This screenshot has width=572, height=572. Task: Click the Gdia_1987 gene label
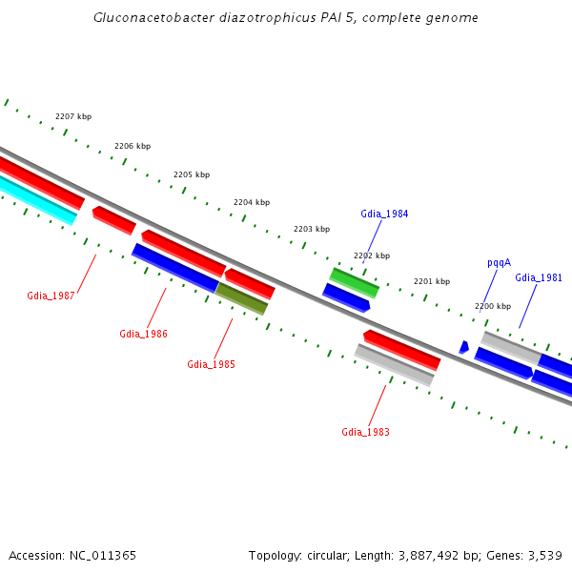pyautogui.click(x=51, y=296)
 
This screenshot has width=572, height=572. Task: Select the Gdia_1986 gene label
pyautogui.click(x=143, y=334)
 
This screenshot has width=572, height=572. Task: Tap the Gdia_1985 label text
pyautogui.click(x=211, y=364)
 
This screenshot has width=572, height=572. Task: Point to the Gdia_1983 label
pyautogui.click(x=365, y=432)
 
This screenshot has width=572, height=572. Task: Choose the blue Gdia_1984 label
pyautogui.click(x=384, y=214)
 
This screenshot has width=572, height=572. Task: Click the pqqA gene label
pyautogui.click(x=499, y=262)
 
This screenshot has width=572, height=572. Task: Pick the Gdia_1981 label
pyautogui.click(x=539, y=277)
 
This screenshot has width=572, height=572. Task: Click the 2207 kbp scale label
pyautogui.click(x=73, y=116)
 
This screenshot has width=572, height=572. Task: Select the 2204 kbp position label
pyautogui.click(x=252, y=202)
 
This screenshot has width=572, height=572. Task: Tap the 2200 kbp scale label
pyautogui.click(x=493, y=306)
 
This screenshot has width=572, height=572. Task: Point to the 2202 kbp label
pyautogui.click(x=372, y=255)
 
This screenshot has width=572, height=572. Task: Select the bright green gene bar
pyautogui.click(x=355, y=282)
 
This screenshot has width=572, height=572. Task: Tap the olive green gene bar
pyautogui.click(x=242, y=298)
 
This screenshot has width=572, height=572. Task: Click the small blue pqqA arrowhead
pyautogui.click(x=463, y=347)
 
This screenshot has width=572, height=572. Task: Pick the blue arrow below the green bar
pyautogui.click(x=345, y=297)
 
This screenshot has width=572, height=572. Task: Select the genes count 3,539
pyautogui.click(x=543, y=555)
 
